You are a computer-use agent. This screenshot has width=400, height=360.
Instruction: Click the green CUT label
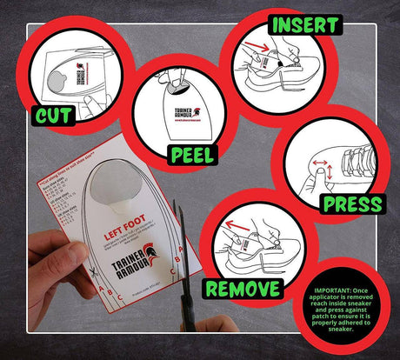coord(53,116)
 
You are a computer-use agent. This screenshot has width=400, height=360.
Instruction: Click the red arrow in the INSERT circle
coord(252,44)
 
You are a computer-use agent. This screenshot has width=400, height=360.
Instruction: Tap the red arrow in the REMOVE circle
coord(230,229)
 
